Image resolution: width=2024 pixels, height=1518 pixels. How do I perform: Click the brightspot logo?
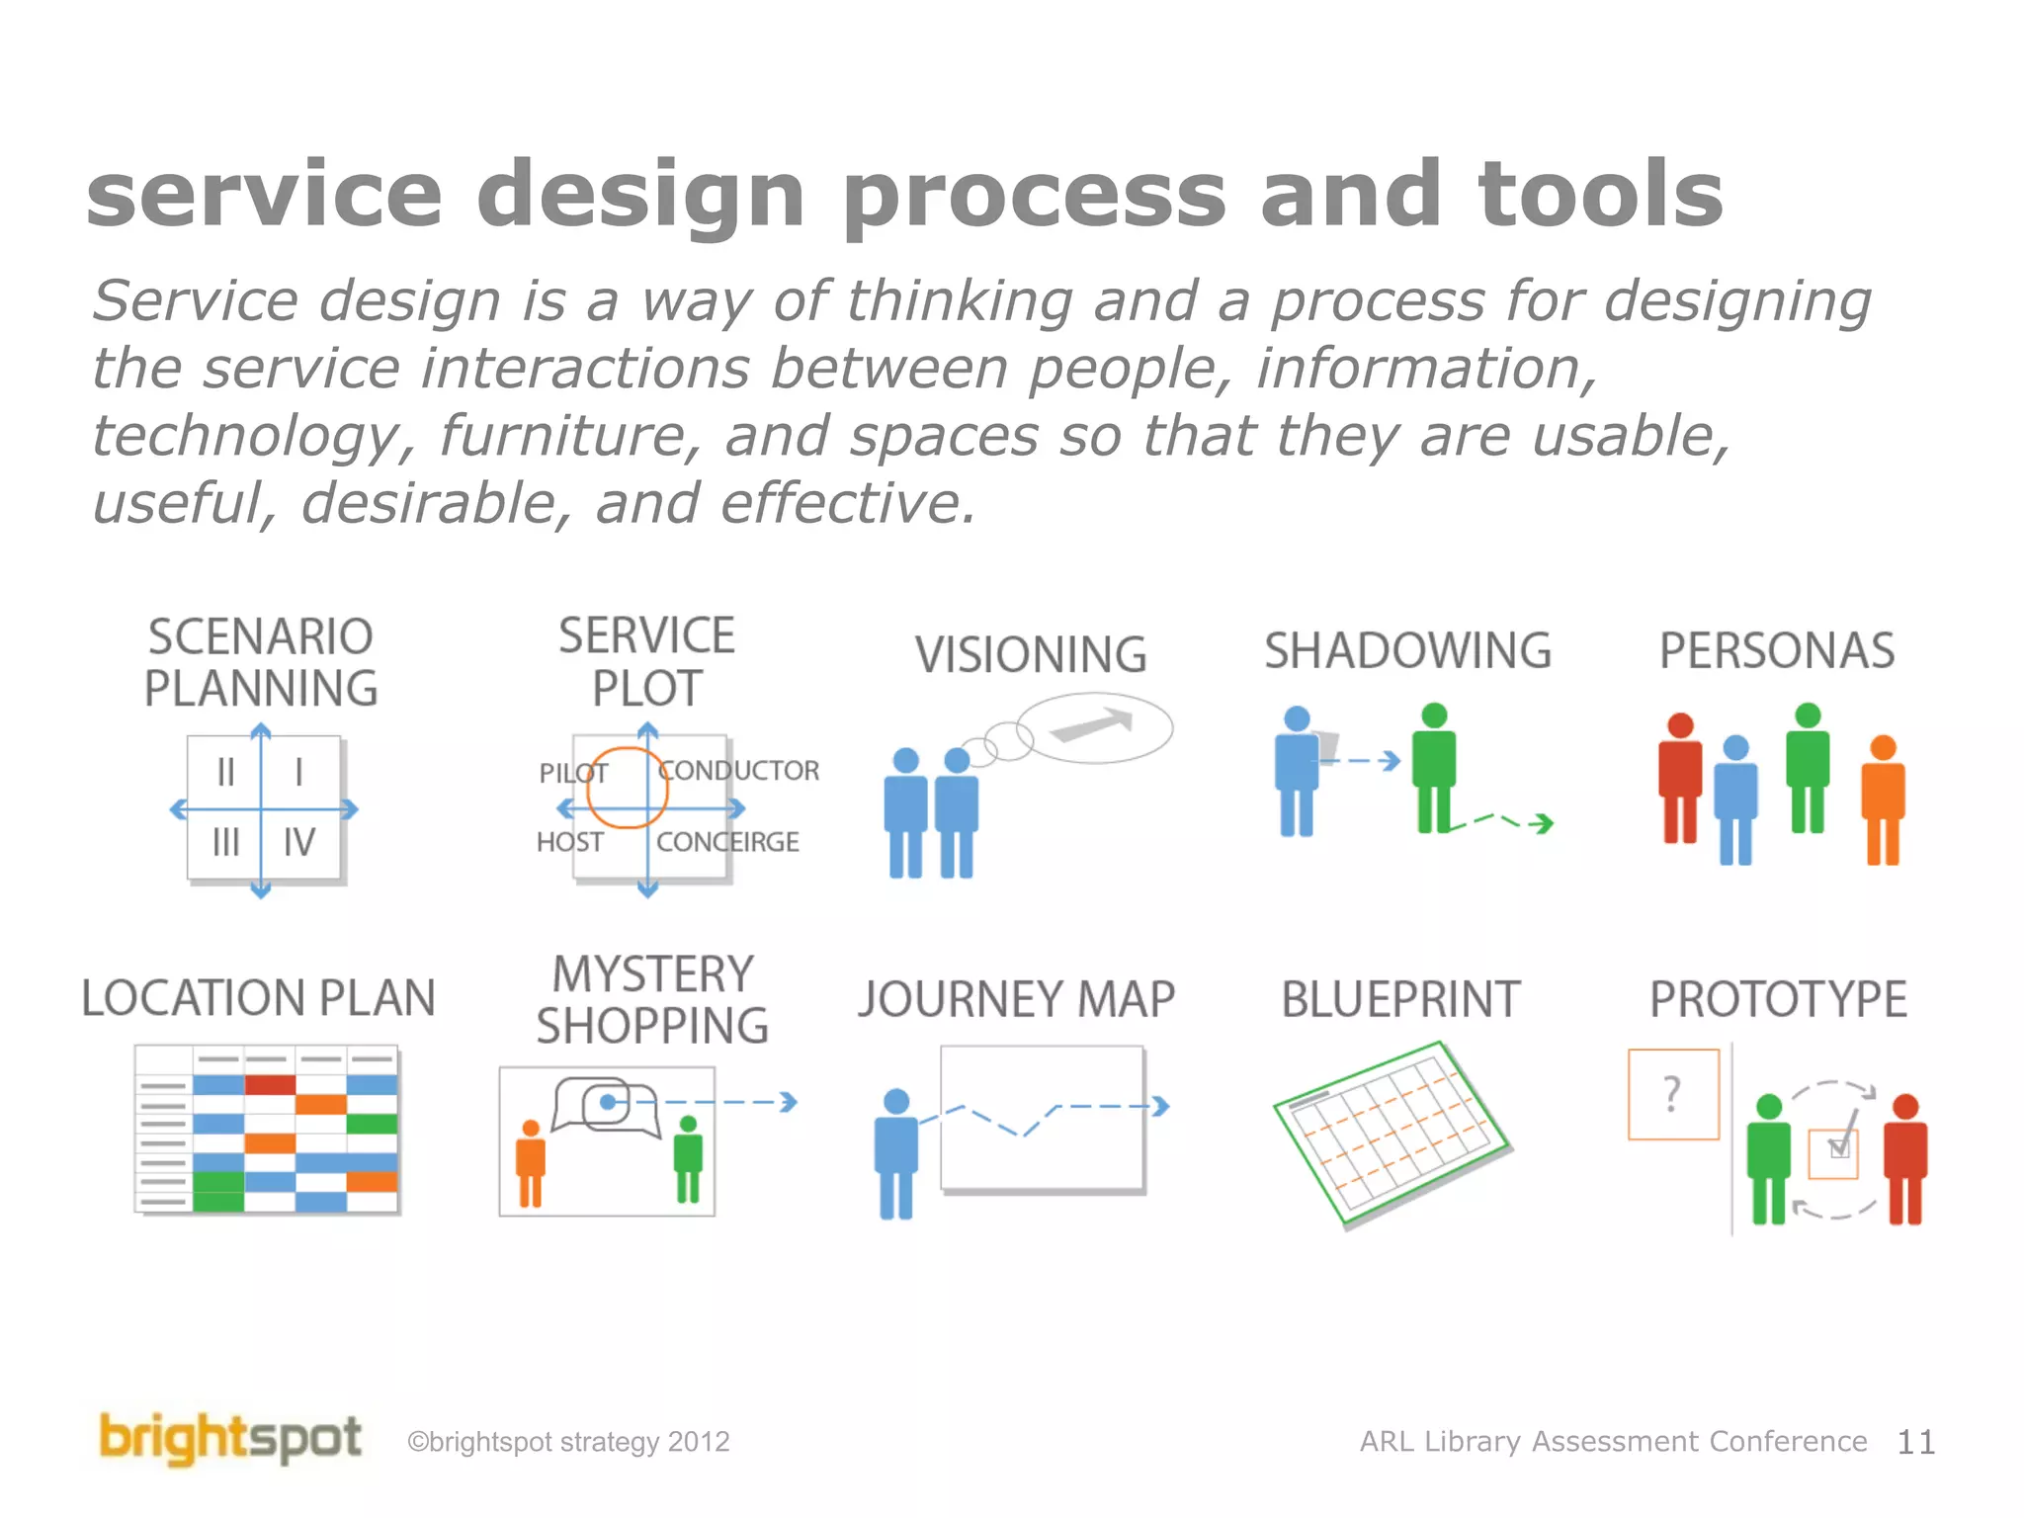coord(230,1438)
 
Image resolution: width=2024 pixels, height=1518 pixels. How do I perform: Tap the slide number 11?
coord(1915,1442)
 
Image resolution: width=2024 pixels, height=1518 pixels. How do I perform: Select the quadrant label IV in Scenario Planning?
coord(298,842)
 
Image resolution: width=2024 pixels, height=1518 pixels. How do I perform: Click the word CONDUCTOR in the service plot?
coord(739,770)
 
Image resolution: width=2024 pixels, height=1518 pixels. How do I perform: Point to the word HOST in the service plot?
coord(569,842)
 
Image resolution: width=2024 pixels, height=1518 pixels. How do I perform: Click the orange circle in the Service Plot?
coord(627,788)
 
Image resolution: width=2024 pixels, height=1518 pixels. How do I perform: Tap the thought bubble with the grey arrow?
coord(1094,728)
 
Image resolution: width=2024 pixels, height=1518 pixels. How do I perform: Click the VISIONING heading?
coord(1030,654)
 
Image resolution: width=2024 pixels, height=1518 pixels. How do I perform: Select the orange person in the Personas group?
coord(1883,799)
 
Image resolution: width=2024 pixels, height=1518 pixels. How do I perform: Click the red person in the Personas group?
coord(1679,778)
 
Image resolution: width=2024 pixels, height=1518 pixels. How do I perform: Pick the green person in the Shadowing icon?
coord(1433,768)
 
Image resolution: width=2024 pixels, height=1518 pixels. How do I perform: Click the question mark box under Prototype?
coord(1673,1094)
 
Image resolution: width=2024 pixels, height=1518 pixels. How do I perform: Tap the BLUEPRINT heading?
coord(1400,999)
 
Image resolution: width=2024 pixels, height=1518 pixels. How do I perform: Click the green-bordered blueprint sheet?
coord(1391,1133)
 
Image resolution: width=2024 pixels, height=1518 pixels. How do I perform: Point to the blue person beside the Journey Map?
coord(896,1152)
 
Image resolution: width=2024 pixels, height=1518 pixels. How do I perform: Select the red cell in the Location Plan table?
coord(270,1085)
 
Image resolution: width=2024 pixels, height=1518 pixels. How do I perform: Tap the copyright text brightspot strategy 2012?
coord(569,1442)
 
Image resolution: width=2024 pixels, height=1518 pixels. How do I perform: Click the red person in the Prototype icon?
coord(1905,1158)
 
